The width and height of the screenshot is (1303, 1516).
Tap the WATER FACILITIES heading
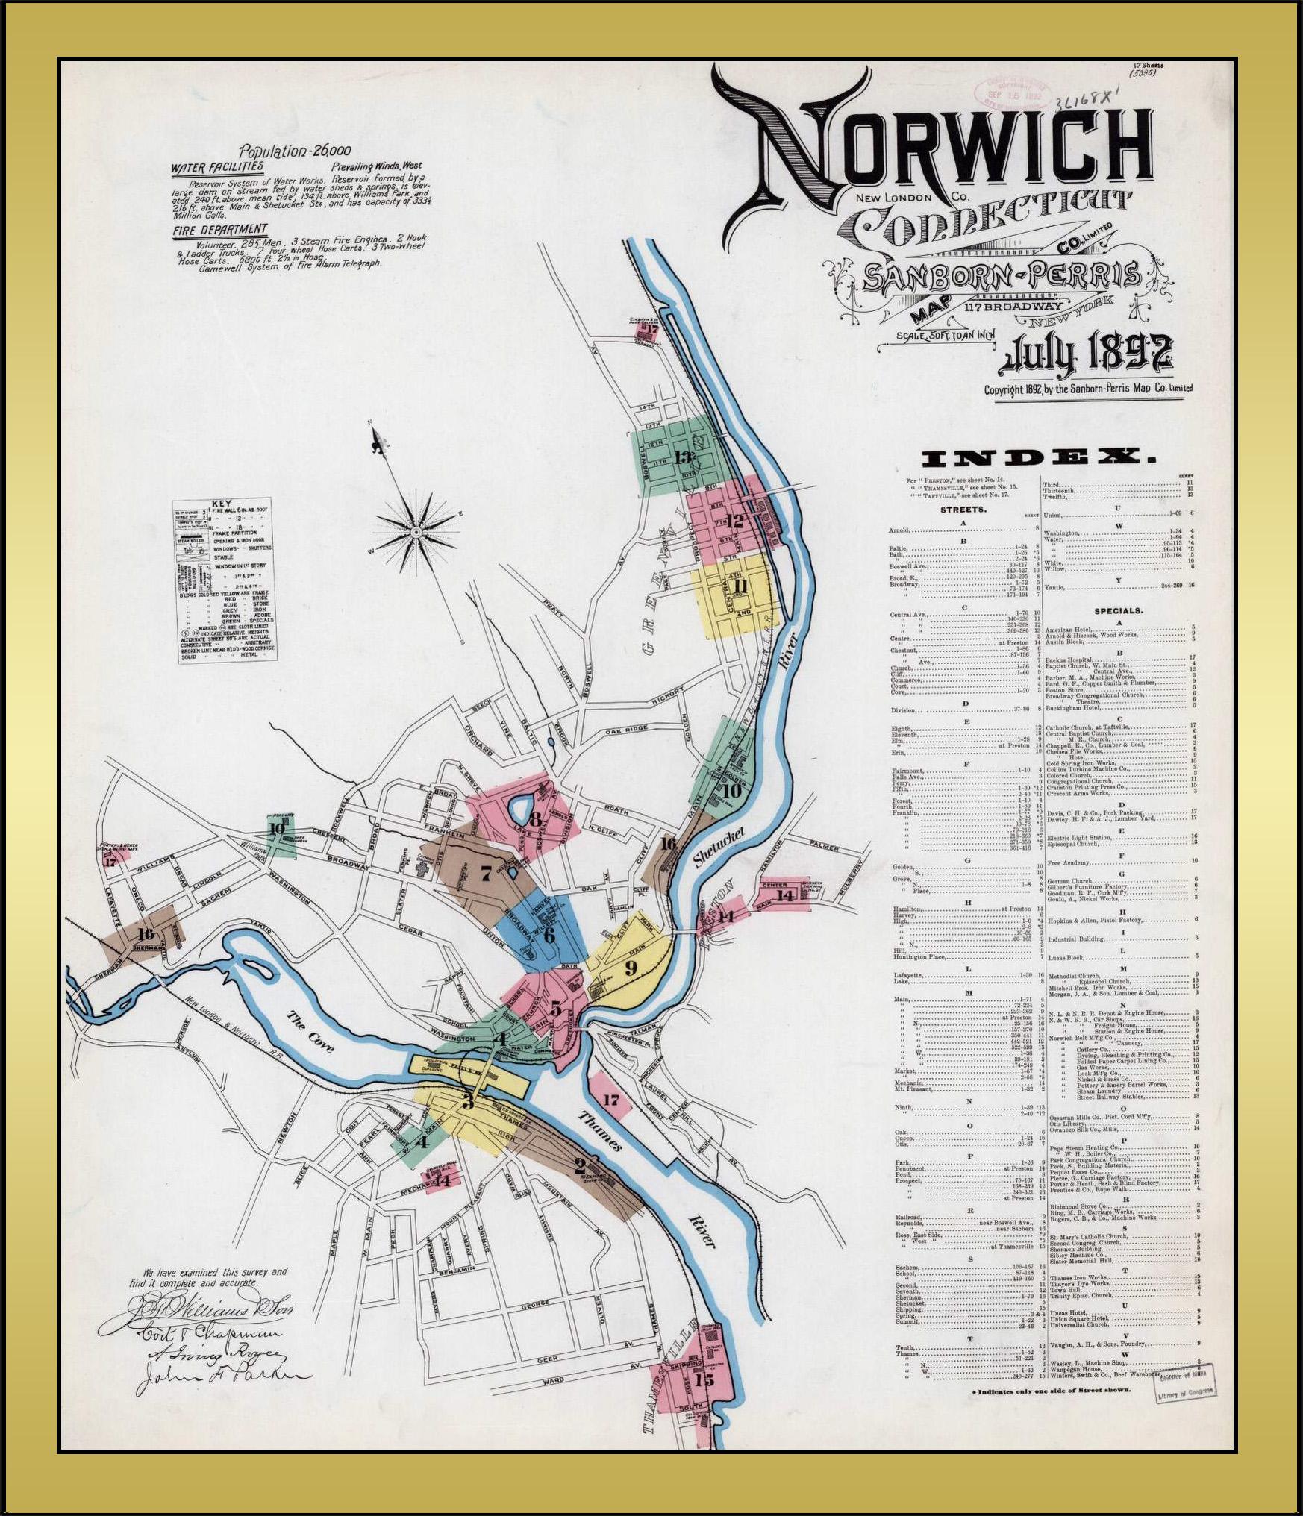tap(217, 167)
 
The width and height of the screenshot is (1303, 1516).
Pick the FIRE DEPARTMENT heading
tap(219, 229)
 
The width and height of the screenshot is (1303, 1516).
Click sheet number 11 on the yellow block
tap(740, 586)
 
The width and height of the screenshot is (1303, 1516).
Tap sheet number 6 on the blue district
tap(549, 933)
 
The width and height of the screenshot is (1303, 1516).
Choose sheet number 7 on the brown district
tap(485, 872)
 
